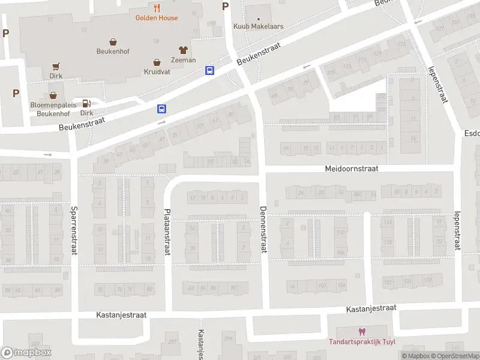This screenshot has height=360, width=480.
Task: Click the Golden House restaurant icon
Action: (x=157, y=8)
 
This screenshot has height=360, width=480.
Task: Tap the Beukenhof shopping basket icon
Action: (x=113, y=42)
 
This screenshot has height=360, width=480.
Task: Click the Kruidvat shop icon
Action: (x=157, y=62)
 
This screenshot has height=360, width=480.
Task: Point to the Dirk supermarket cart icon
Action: (x=56, y=67)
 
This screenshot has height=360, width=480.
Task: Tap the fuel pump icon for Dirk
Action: (x=86, y=103)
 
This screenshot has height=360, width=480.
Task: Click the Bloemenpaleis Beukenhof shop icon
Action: (x=53, y=95)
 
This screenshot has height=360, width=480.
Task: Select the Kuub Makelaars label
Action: (x=259, y=26)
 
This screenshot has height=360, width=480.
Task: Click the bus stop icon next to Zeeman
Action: (x=209, y=70)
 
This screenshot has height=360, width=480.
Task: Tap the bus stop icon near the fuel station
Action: (x=161, y=109)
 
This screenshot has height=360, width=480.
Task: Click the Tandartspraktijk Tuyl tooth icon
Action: (x=361, y=332)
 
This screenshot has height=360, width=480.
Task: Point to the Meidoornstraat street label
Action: (x=352, y=169)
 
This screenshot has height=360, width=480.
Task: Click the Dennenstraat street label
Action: (x=262, y=229)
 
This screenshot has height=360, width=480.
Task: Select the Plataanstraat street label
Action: (x=167, y=232)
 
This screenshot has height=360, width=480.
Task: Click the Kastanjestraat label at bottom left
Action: (x=121, y=314)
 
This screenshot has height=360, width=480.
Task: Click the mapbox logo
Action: (x=26, y=353)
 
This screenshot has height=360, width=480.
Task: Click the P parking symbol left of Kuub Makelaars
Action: (x=226, y=7)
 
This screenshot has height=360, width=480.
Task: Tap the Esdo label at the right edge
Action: (x=472, y=133)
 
